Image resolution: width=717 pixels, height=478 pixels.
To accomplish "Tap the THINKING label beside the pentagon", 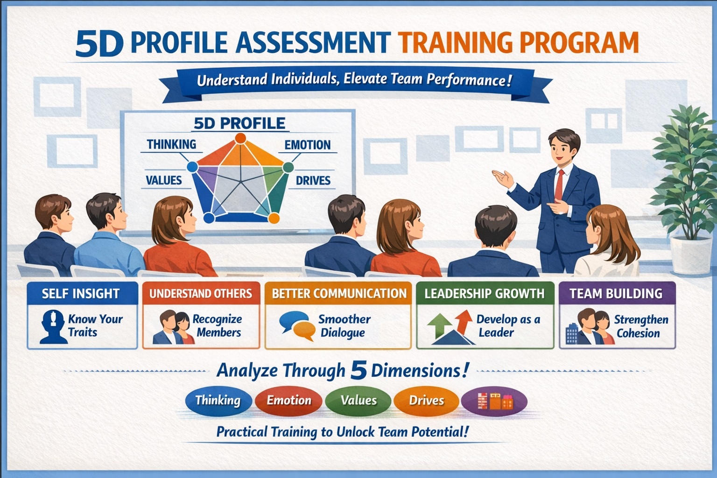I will pyautogui.click(x=171, y=144).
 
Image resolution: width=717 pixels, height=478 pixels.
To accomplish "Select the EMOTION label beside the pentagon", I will pyautogui.click(x=308, y=145).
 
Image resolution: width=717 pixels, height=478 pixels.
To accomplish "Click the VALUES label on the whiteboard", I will pyautogui.click(x=163, y=180).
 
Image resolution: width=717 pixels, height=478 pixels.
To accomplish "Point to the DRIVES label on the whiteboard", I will pyautogui.click(x=313, y=180).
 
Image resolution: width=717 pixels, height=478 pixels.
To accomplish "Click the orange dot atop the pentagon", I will pyautogui.click(x=240, y=138).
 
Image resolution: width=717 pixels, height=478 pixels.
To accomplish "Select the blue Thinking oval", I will pyautogui.click(x=218, y=401).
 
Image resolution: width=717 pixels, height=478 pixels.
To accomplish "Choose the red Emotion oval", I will pyautogui.click(x=288, y=401).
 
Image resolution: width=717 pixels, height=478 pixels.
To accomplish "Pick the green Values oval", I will pyautogui.click(x=358, y=401).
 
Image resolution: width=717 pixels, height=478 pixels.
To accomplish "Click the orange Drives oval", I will pyautogui.click(x=426, y=401).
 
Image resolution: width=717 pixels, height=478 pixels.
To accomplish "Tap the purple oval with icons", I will pyautogui.click(x=494, y=401).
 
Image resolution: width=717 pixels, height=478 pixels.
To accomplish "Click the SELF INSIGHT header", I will pyautogui.click(x=81, y=294).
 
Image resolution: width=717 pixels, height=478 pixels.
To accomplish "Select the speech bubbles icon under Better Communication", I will pyautogui.click(x=297, y=325).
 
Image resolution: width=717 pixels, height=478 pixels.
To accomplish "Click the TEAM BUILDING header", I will pyautogui.click(x=616, y=294).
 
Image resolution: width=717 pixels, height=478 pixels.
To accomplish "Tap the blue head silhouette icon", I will pyautogui.click(x=51, y=326).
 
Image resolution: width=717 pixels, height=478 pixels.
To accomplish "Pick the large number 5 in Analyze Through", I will pyautogui.click(x=358, y=370).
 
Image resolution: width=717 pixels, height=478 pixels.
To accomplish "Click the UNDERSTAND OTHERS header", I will pyautogui.click(x=201, y=294).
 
